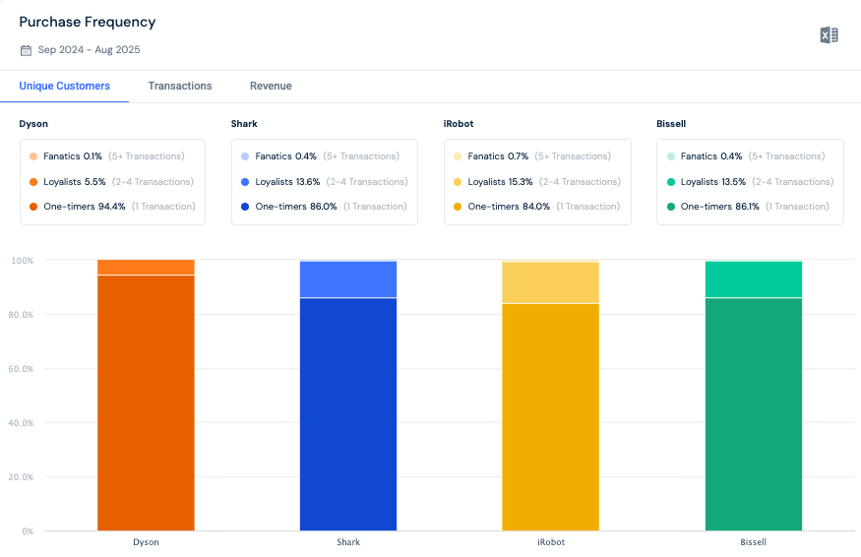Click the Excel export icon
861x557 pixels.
pos(829,35)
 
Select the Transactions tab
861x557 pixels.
pos(180,87)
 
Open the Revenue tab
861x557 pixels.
pos(271,87)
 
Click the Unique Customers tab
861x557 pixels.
pos(65,87)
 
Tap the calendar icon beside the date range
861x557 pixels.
pos(26,50)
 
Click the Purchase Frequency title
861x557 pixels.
pos(88,22)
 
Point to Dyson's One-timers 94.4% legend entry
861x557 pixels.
pos(112,207)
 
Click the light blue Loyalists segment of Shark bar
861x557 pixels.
pos(348,279)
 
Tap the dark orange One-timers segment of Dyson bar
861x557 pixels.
pos(146,403)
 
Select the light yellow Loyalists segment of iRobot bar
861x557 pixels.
pos(550,283)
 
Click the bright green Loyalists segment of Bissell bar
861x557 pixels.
pos(754,279)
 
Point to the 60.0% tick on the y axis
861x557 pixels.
pos(22,369)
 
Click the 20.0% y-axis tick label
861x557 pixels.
pos(22,477)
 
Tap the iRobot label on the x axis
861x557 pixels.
pos(550,542)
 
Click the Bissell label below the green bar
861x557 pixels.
pos(753,542)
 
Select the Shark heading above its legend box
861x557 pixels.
pos(244,124)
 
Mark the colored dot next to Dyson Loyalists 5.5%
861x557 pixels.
pos(33,182)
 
